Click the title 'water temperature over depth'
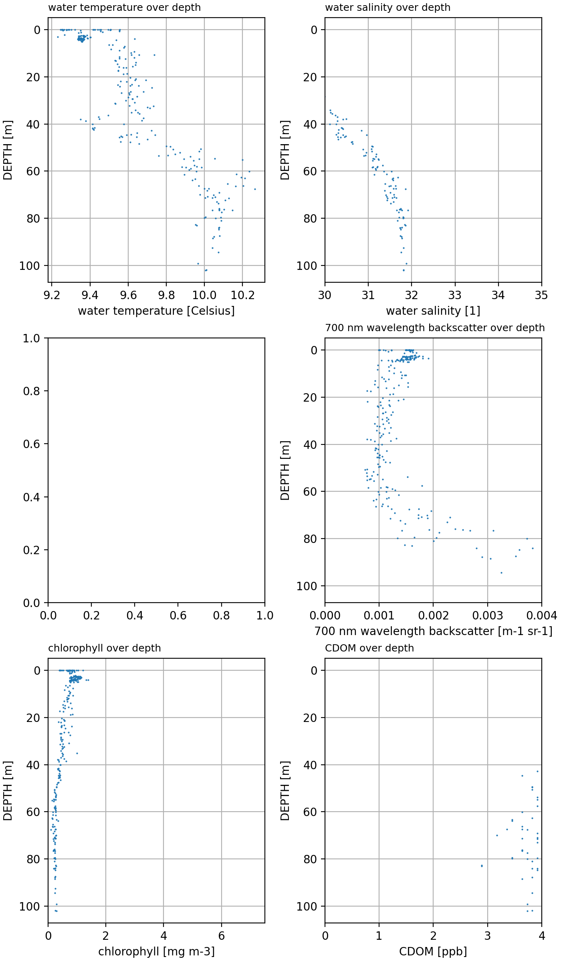[x=124, y=8]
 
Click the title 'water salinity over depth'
[x=387, y=8]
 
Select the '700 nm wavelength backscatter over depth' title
[x=435, y=328]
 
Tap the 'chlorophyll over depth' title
[x=104, y=648]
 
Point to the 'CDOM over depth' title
[x=369, y=648]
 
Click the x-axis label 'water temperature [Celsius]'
[x=156, y=311]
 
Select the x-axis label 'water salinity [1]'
[x=433, y=311]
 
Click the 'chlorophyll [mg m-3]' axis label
[x=156, y=952]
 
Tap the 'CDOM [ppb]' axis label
[x=433, y=952]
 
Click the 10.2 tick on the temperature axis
[x=242, y=296]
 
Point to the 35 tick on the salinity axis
[x=541, y=296]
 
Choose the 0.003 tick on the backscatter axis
[x=488, y=616]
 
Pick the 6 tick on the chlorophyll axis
[x=221, y=936]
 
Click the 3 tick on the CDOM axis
[x=488, y=936]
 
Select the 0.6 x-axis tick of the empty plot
[x=178, y=616]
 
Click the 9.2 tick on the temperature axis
[x=52, y=296]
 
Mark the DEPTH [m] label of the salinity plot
[x=285, y=150]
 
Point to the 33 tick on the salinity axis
[x=455, y=296]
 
